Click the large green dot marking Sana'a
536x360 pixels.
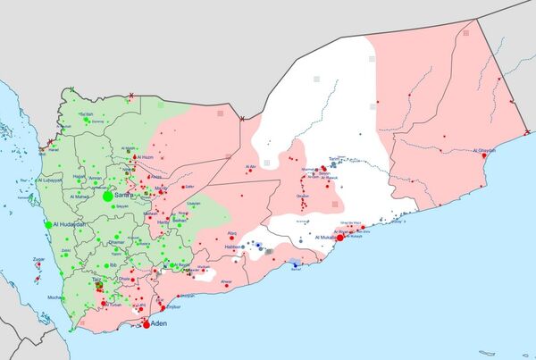coord(107,196)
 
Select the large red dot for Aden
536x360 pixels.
coord(147,325)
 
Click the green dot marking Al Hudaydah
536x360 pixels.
coord(48,222)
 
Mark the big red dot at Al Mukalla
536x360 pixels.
coord(339,238)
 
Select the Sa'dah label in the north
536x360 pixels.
coord(86,114)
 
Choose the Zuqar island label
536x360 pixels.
coord(38,259)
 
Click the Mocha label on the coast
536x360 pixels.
coord(54,297)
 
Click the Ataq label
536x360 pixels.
coord(232,233)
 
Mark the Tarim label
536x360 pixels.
coord(335,158)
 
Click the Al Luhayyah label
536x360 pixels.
coord(49,180)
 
